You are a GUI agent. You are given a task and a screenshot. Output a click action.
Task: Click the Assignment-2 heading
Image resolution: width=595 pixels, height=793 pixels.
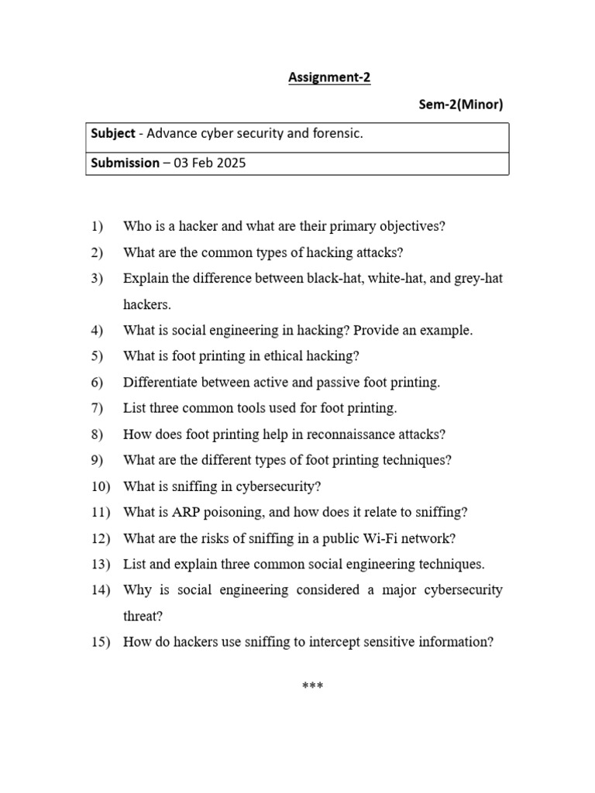pos(329,77)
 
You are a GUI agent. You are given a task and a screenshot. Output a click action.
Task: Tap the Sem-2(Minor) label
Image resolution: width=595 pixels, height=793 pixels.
pos(461,105)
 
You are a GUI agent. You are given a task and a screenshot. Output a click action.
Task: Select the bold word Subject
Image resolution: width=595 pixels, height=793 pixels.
pos(113,134)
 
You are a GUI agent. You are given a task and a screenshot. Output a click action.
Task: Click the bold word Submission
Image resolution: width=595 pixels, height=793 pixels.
pos(125,163)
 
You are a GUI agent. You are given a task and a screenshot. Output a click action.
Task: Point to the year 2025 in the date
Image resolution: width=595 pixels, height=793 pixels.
pos(231,163)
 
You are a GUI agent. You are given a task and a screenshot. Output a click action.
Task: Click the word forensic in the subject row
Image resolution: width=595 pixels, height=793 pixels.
pos(336,134)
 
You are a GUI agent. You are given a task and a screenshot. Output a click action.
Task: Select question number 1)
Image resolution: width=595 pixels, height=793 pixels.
pos(97,227)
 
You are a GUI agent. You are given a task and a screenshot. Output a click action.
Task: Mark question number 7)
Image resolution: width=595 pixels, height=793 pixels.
pos(97,408)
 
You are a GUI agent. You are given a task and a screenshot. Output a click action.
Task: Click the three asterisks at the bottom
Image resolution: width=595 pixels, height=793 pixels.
pos(312,686)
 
